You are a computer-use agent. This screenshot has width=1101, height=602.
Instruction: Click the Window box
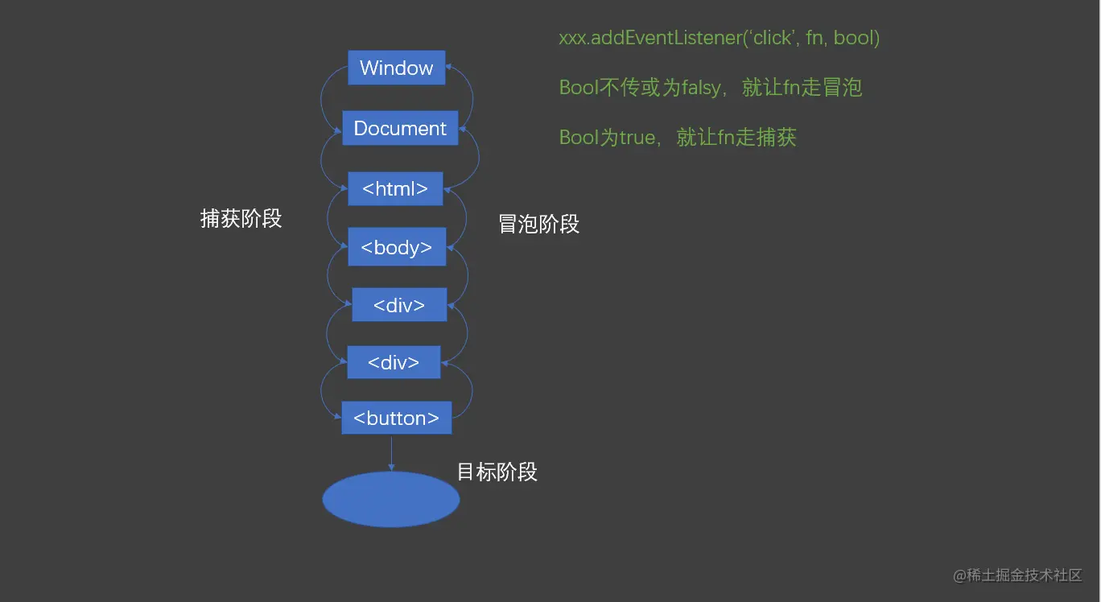click(396, 68)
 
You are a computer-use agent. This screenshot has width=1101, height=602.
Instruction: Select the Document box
click(400, 129)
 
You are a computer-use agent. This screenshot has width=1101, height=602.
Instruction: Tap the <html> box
click(395, 188)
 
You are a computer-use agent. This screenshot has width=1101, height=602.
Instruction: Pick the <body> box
click(397, 247)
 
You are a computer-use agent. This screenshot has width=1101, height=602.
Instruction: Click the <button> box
click(396, 419)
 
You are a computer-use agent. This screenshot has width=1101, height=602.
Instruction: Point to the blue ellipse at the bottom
click(391, 500)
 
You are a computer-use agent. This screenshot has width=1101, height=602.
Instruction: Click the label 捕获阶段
click(241, 218)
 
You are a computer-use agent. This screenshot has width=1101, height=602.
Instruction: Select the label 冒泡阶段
click(538, 224)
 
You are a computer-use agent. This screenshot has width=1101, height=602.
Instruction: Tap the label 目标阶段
click(497, 472)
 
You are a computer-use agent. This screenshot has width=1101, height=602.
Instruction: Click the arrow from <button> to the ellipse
click(391, 452)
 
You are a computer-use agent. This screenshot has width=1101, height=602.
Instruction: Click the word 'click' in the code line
click(772, 38)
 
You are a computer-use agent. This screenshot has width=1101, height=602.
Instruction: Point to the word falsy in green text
click(701, 88)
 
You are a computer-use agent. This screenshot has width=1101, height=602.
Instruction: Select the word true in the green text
click(637, 138)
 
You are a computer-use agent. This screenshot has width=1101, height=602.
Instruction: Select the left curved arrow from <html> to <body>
click(328, 218)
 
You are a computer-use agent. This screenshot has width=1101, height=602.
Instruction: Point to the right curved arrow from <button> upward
click(471, 390)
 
